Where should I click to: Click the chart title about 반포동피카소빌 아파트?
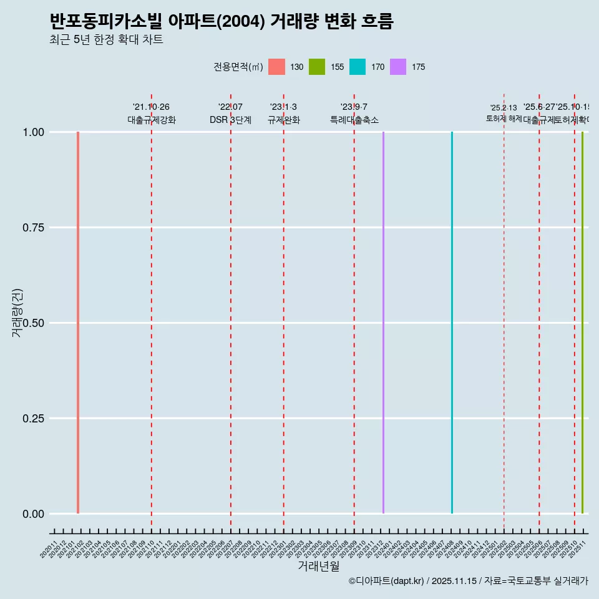[222, 22]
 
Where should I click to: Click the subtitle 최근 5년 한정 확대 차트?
[106, 40]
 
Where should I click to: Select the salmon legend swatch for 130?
[276, 67]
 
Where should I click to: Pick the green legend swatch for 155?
[317, 67]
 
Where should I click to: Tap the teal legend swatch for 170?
[358, 67]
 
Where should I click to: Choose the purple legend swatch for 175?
[398, 67]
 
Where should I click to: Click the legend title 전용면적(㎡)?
[238, 67]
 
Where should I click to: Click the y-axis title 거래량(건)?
[17, 313]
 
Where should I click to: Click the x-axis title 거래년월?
[318, 566]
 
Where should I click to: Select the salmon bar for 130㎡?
[78, 323]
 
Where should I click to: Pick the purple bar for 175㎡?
[383, 323]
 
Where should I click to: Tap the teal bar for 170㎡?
[452, 323]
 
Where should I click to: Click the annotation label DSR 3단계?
[230, 120]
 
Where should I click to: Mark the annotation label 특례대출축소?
[354, 120]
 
